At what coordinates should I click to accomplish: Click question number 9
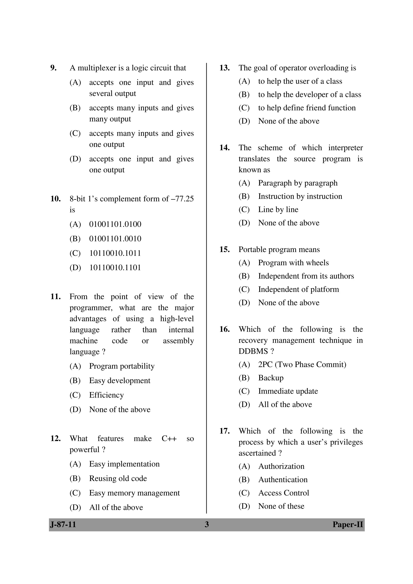tap(53, 68)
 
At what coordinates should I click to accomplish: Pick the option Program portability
tap(122, 366)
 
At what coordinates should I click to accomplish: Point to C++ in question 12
tap(169, 438)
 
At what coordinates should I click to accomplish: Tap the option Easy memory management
tap(134, 493)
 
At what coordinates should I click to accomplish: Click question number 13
tap(224, 68)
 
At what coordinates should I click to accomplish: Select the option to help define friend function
tap(307, 108)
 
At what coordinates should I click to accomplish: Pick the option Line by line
tap(278, 210)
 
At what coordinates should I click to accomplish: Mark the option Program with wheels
tap(293, 263)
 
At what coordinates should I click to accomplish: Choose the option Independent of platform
tap(298, 289)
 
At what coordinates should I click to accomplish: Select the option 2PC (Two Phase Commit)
tap(302, 364)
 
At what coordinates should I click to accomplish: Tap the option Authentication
tap(283, 480)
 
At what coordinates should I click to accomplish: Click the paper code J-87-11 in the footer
tap(63, 525)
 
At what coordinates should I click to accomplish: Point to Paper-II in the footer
tap(348, 525)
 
